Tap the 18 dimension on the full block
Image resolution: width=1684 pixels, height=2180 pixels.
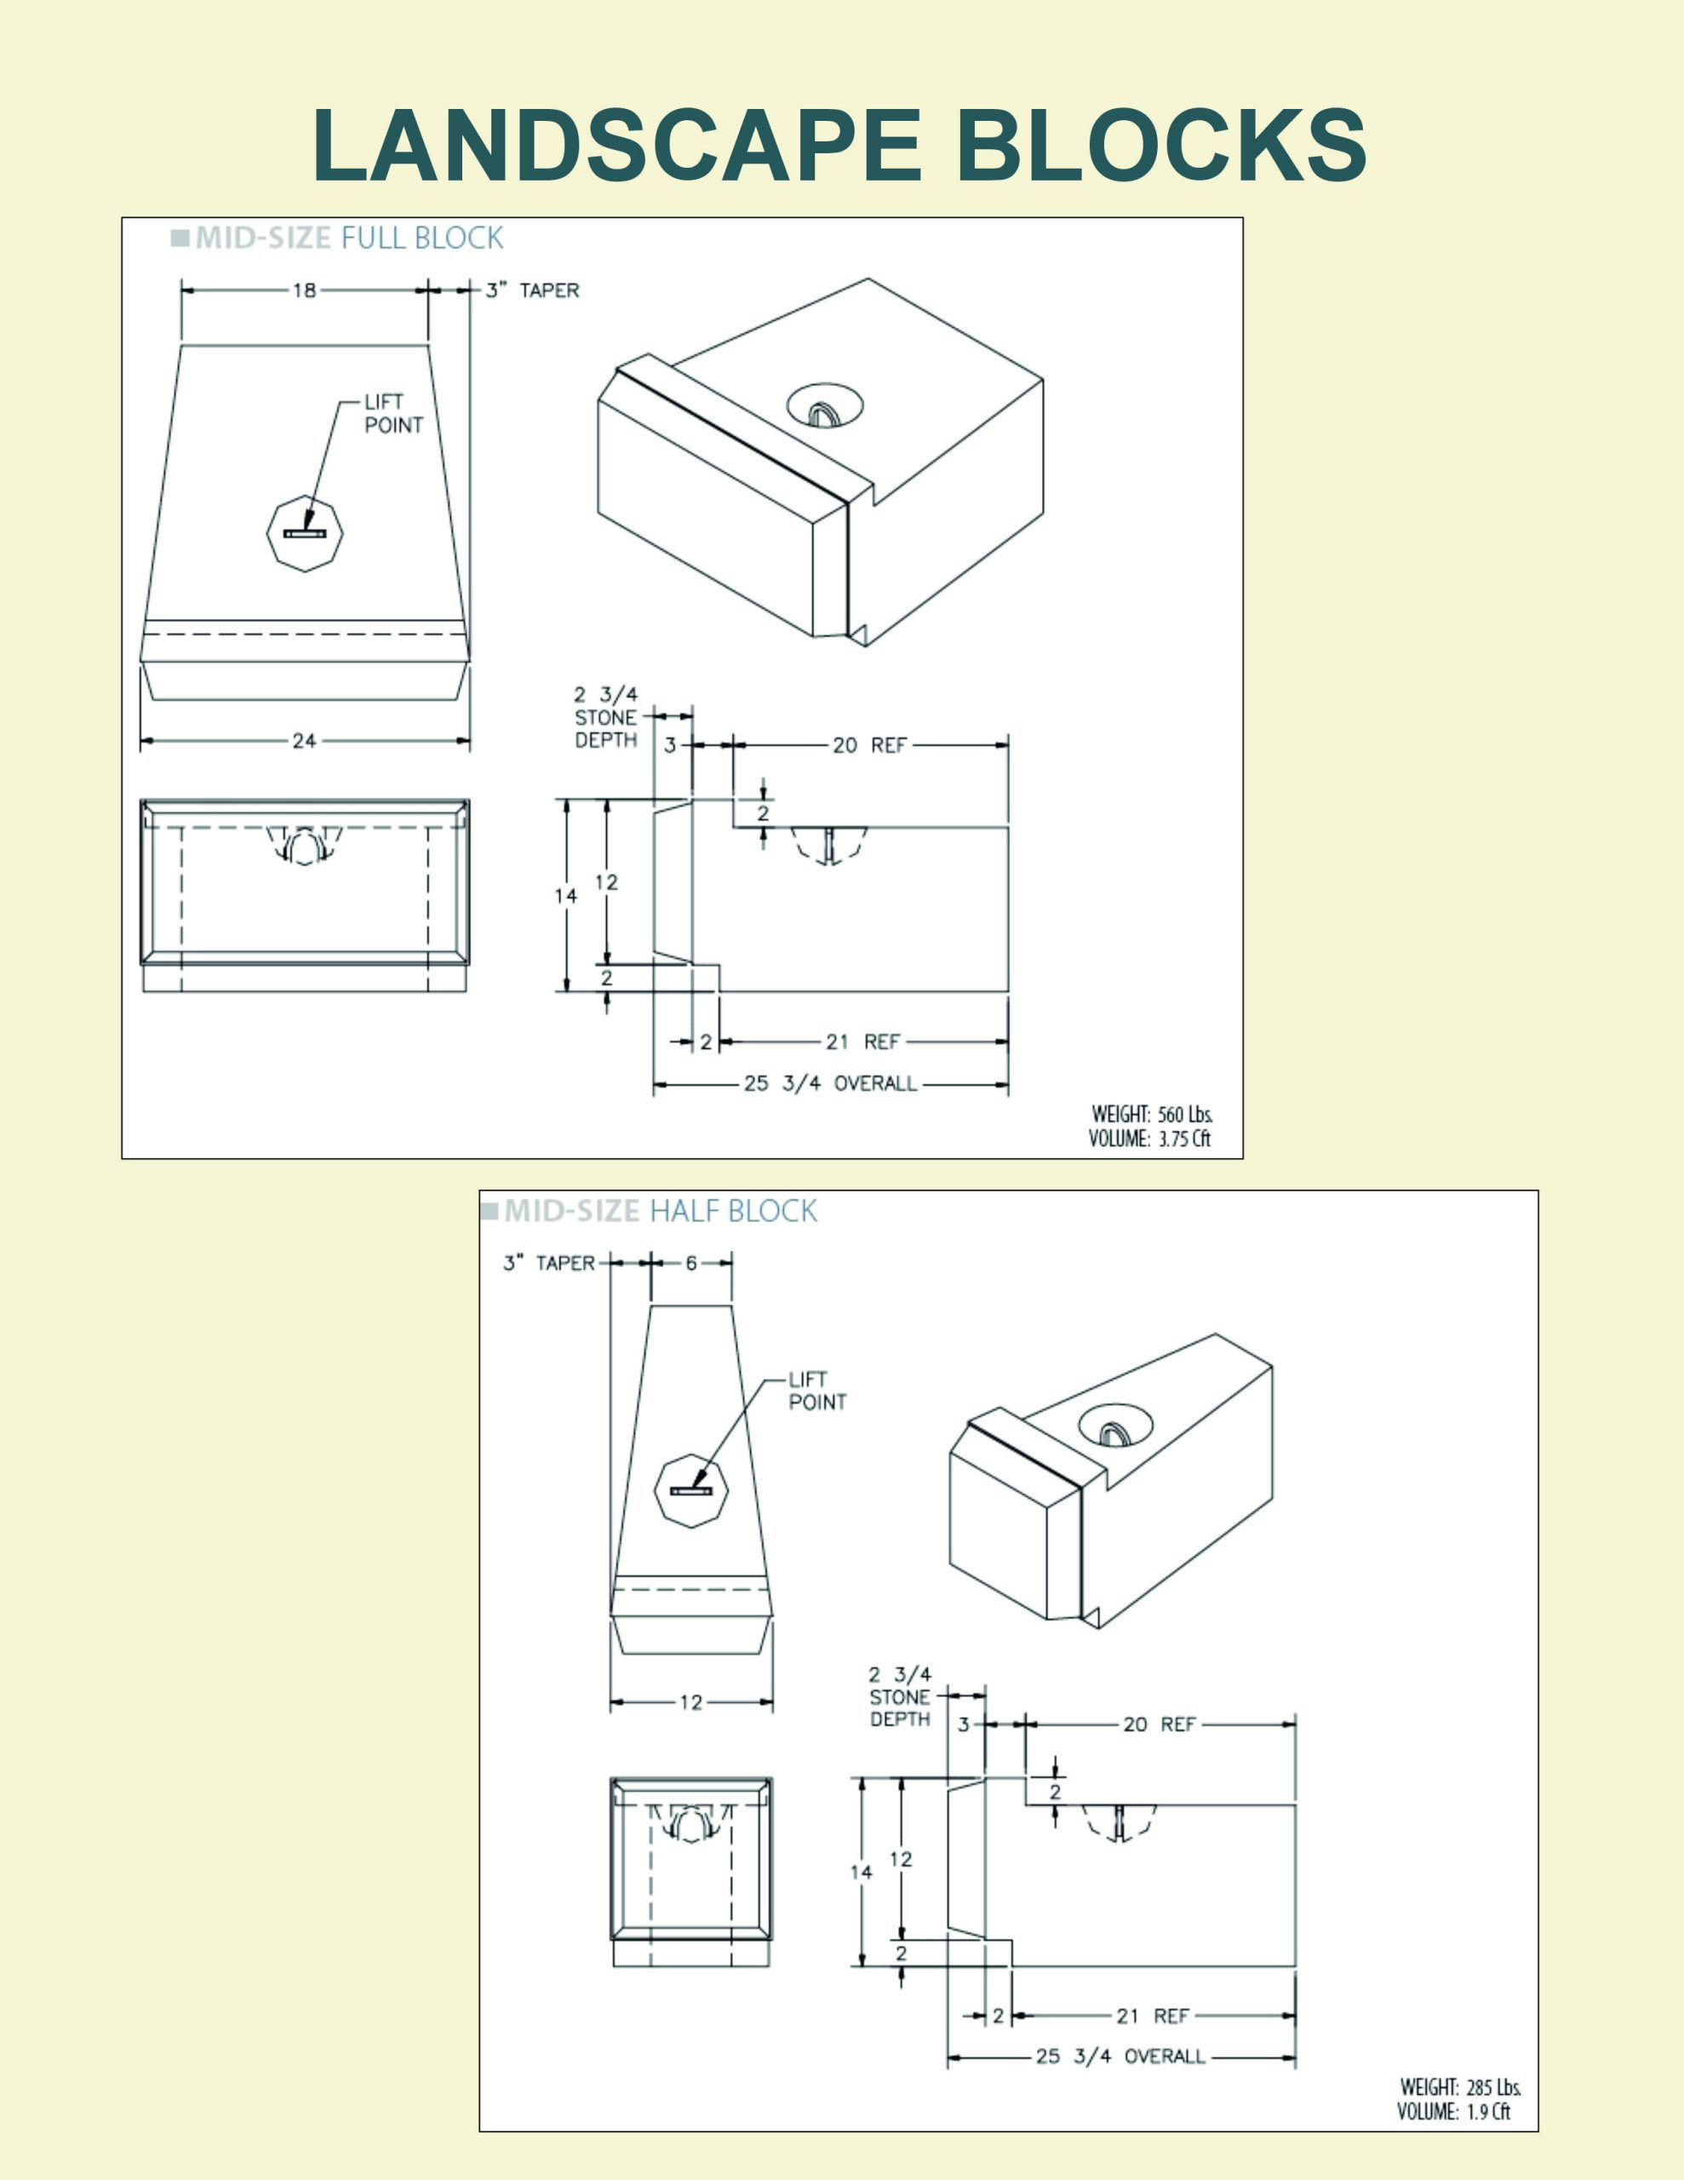(x=305, y=290)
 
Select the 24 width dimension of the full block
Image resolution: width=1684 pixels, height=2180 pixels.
(x=305, y=741)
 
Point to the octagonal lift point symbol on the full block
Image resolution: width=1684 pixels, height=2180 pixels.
(x=305, y=534)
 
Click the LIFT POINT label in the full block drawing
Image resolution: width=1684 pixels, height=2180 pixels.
(x=393, y=413)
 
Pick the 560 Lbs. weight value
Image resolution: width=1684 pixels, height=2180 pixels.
(x=1186, y=1114)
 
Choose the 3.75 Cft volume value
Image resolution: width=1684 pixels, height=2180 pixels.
(x=1185, y=1139)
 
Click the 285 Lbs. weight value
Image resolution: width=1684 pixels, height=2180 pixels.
(x=1494, y=2087)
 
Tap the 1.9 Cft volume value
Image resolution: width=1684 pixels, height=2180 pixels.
(x=1489, y=2111)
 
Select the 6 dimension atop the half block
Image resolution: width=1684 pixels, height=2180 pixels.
(x=690, y=1263)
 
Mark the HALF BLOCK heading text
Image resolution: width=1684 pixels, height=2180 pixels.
(x=734, y=1211)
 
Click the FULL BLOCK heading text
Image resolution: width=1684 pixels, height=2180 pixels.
(x=422, y=238)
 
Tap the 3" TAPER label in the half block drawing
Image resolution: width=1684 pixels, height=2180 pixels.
(x=549, y=1263)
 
